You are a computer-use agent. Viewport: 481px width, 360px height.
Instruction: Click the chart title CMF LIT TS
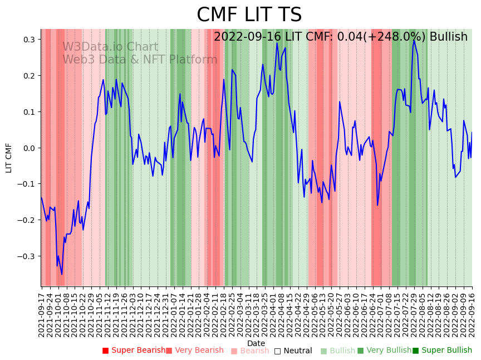click(249, 15)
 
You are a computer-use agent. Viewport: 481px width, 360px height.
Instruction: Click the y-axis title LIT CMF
click(9, 158)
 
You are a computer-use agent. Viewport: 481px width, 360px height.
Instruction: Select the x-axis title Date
click(256, 343)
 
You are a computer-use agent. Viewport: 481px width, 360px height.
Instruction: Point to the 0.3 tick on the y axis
click(30, 40)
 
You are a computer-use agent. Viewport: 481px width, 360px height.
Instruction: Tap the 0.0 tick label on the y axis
click(30, 148)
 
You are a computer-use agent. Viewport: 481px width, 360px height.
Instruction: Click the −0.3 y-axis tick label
click(27, 256)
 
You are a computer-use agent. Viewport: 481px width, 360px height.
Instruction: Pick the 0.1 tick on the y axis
click(30, 112)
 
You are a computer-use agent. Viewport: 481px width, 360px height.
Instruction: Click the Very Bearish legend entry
click(195, 351)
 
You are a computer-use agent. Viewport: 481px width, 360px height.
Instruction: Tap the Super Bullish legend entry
click(442, 351)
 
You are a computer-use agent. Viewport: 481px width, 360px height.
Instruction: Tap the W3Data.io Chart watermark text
click(110, 47)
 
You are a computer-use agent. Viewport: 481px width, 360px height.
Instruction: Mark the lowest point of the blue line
click(62, 274)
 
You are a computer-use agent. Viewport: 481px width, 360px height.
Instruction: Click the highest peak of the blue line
click(414, 40)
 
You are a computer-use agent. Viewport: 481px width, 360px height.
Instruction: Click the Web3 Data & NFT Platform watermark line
click(140, 60)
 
